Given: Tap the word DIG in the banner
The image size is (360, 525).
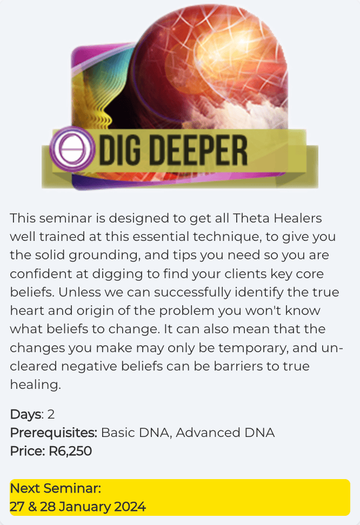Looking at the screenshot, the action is [x=119, y=150].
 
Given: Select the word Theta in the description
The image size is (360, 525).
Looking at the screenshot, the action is [x=251, y=218].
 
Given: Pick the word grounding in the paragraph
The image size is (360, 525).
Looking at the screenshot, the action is [x=104, y=255].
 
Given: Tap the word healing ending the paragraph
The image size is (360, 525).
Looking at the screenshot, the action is [x=35, y=385].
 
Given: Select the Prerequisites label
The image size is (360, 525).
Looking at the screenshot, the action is [x=54, y=433].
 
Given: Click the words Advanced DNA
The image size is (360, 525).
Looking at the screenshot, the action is [x=225, y=433].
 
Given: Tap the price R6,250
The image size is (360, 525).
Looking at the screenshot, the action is [x=70, y=452].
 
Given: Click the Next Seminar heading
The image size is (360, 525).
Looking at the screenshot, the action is [x=55, y=488].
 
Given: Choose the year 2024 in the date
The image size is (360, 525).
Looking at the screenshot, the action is [x=130, y=507].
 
